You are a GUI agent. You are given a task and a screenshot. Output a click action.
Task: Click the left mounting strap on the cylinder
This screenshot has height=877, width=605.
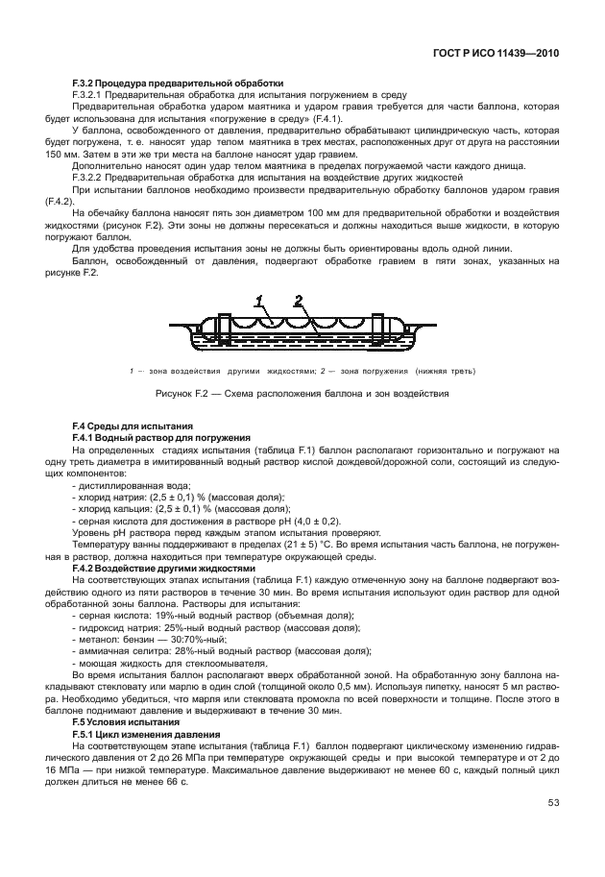pos(223,329)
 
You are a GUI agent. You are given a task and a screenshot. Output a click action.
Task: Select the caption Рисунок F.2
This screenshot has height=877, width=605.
pos(302,393)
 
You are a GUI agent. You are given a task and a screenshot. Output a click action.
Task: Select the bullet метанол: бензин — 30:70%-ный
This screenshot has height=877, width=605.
pos(159,637)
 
